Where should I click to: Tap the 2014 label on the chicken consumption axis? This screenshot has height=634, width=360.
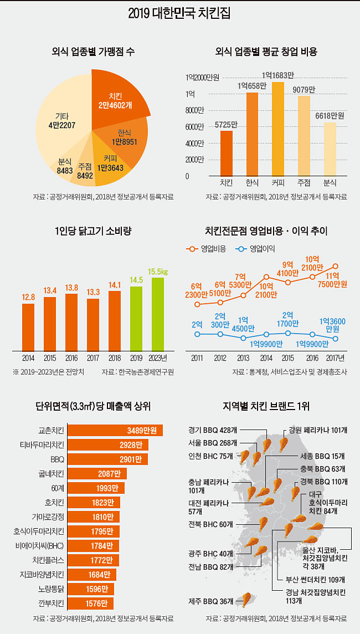tap(28, 358)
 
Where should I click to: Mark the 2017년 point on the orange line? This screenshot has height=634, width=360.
tap(336, 267)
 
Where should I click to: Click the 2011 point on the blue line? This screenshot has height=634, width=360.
tap(197, 334)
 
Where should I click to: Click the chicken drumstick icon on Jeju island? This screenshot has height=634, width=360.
tap(244, 600)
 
